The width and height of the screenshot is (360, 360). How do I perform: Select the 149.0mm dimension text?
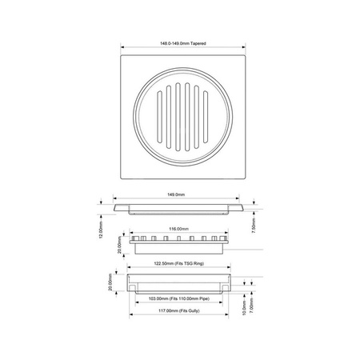click(x=175, y=195)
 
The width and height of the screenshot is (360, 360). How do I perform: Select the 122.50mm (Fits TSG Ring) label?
click(x=180, y=263)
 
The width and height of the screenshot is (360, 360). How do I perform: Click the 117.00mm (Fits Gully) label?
click(x=179, y=313)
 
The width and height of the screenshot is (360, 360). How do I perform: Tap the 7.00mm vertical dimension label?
click(x=253, y=304)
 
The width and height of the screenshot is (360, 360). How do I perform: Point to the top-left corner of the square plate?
click(x=121, y=55)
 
